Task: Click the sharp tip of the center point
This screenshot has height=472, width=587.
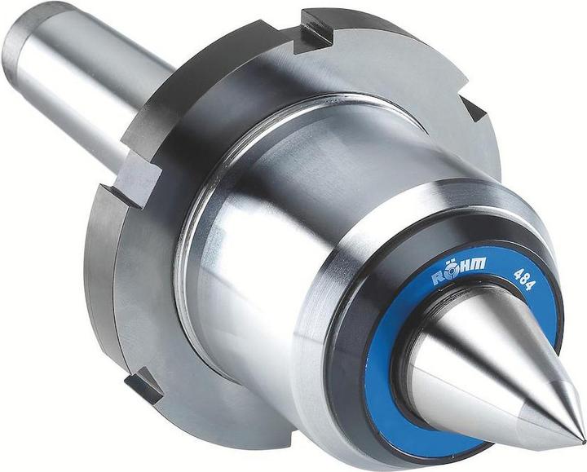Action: click(584, 440)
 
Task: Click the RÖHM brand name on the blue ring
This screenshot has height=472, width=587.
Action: click(459, 270)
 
